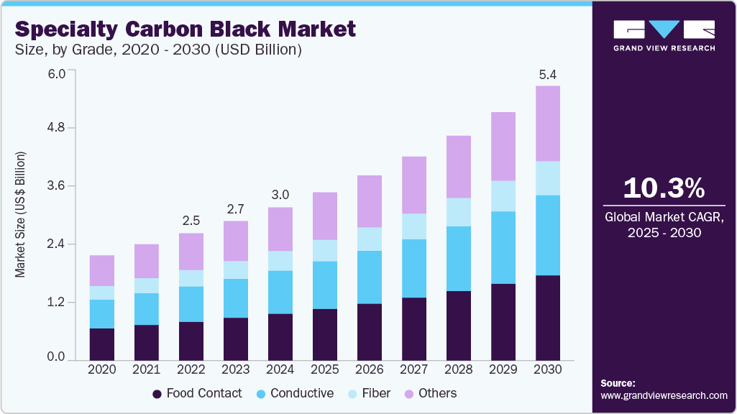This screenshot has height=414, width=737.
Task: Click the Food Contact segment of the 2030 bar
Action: pos(548,317)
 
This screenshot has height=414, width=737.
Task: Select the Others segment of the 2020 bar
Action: pos(102,270)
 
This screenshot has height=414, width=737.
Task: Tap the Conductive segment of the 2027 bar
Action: pos(414,268)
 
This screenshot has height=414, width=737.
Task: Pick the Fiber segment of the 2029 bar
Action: pos(503,195)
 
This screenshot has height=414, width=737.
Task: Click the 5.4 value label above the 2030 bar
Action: pos(548,74)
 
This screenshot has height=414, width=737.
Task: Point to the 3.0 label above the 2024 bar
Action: pos(280,195)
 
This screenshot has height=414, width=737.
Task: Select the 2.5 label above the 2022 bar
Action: pos(191,220)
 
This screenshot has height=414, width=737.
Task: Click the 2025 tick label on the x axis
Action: pos(325,369)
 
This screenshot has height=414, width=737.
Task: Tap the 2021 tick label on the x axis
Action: pos(147,369)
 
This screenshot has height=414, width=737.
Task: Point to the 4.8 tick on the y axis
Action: pos(56,128)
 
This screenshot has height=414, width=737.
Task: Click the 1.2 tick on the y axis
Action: pos(56,302)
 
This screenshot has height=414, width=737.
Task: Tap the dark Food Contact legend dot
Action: pos(157,394)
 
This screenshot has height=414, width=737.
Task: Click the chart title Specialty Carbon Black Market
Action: pos(186,29)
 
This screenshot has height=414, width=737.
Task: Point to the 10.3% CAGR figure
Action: pos(663,188)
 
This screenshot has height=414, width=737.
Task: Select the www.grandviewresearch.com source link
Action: pos(664,395)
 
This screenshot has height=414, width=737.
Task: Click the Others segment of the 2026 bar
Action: pos(370,201)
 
